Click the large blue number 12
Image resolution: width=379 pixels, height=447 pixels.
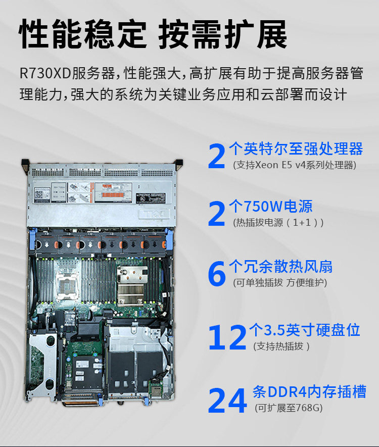(227, 338)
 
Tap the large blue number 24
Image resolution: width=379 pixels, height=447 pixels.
(227, 401)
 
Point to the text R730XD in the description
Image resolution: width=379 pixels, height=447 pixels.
(45, 73)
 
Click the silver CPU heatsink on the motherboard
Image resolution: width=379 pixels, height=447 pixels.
(131, 285)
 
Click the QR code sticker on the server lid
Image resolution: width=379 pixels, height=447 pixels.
(38, 195)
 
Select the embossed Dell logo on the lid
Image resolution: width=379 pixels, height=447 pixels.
(154, 214)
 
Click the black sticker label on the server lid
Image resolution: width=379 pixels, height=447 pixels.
(151, 198)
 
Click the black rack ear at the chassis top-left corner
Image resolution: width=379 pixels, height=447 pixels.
(25, 164)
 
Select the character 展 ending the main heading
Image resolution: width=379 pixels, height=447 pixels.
(272, 34)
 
